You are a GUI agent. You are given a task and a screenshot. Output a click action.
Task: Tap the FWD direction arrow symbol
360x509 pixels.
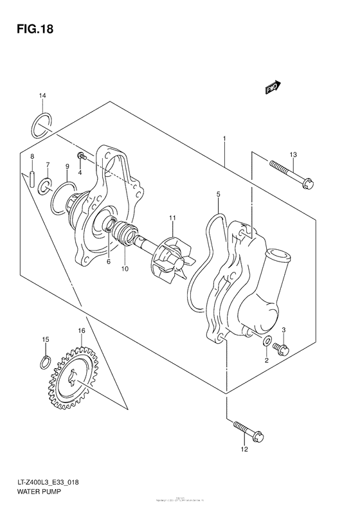272,87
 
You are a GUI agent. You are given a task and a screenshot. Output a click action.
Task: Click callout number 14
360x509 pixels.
42,96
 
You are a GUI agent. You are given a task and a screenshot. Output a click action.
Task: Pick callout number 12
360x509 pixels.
244,449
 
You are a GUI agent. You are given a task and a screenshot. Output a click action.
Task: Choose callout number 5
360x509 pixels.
218,193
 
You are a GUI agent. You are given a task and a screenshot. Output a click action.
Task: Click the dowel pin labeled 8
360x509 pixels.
32,177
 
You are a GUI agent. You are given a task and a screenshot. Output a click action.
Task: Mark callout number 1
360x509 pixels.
224,138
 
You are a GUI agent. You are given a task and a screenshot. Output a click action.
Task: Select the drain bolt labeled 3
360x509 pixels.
282,349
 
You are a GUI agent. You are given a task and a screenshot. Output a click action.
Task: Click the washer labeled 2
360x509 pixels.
266,341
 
